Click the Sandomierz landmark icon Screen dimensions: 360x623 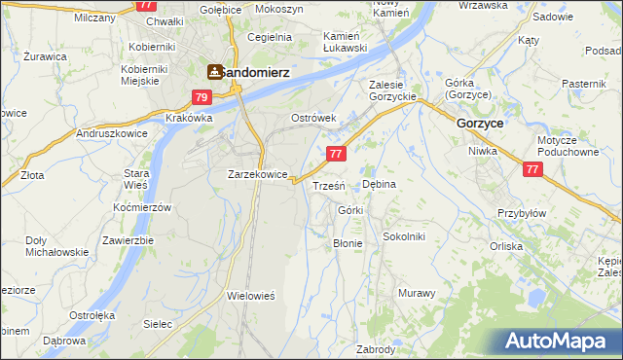pyautogui.click(x=214, y=71)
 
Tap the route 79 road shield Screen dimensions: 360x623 pyautogui.click(x=202, y=97)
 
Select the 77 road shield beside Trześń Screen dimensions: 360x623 pyautogui.click(x=336, y=154)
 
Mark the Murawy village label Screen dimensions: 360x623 pyautogui.click(x=417, y=292)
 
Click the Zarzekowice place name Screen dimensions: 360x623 pyautogui.click(x=257, y=174)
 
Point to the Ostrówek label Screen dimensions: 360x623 pyautogui.click(x=313, y=118)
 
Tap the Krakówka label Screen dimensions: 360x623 pyautogui.click(x=189, y=118)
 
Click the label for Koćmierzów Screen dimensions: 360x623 pyautogui.click(x=142, y=208)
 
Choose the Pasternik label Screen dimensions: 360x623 pyautogui.click(x=584, y=85)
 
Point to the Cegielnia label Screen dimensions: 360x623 pyautogui.click(x=270, y=37)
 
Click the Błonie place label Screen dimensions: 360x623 pyautogui.click(x=348, y=243)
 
